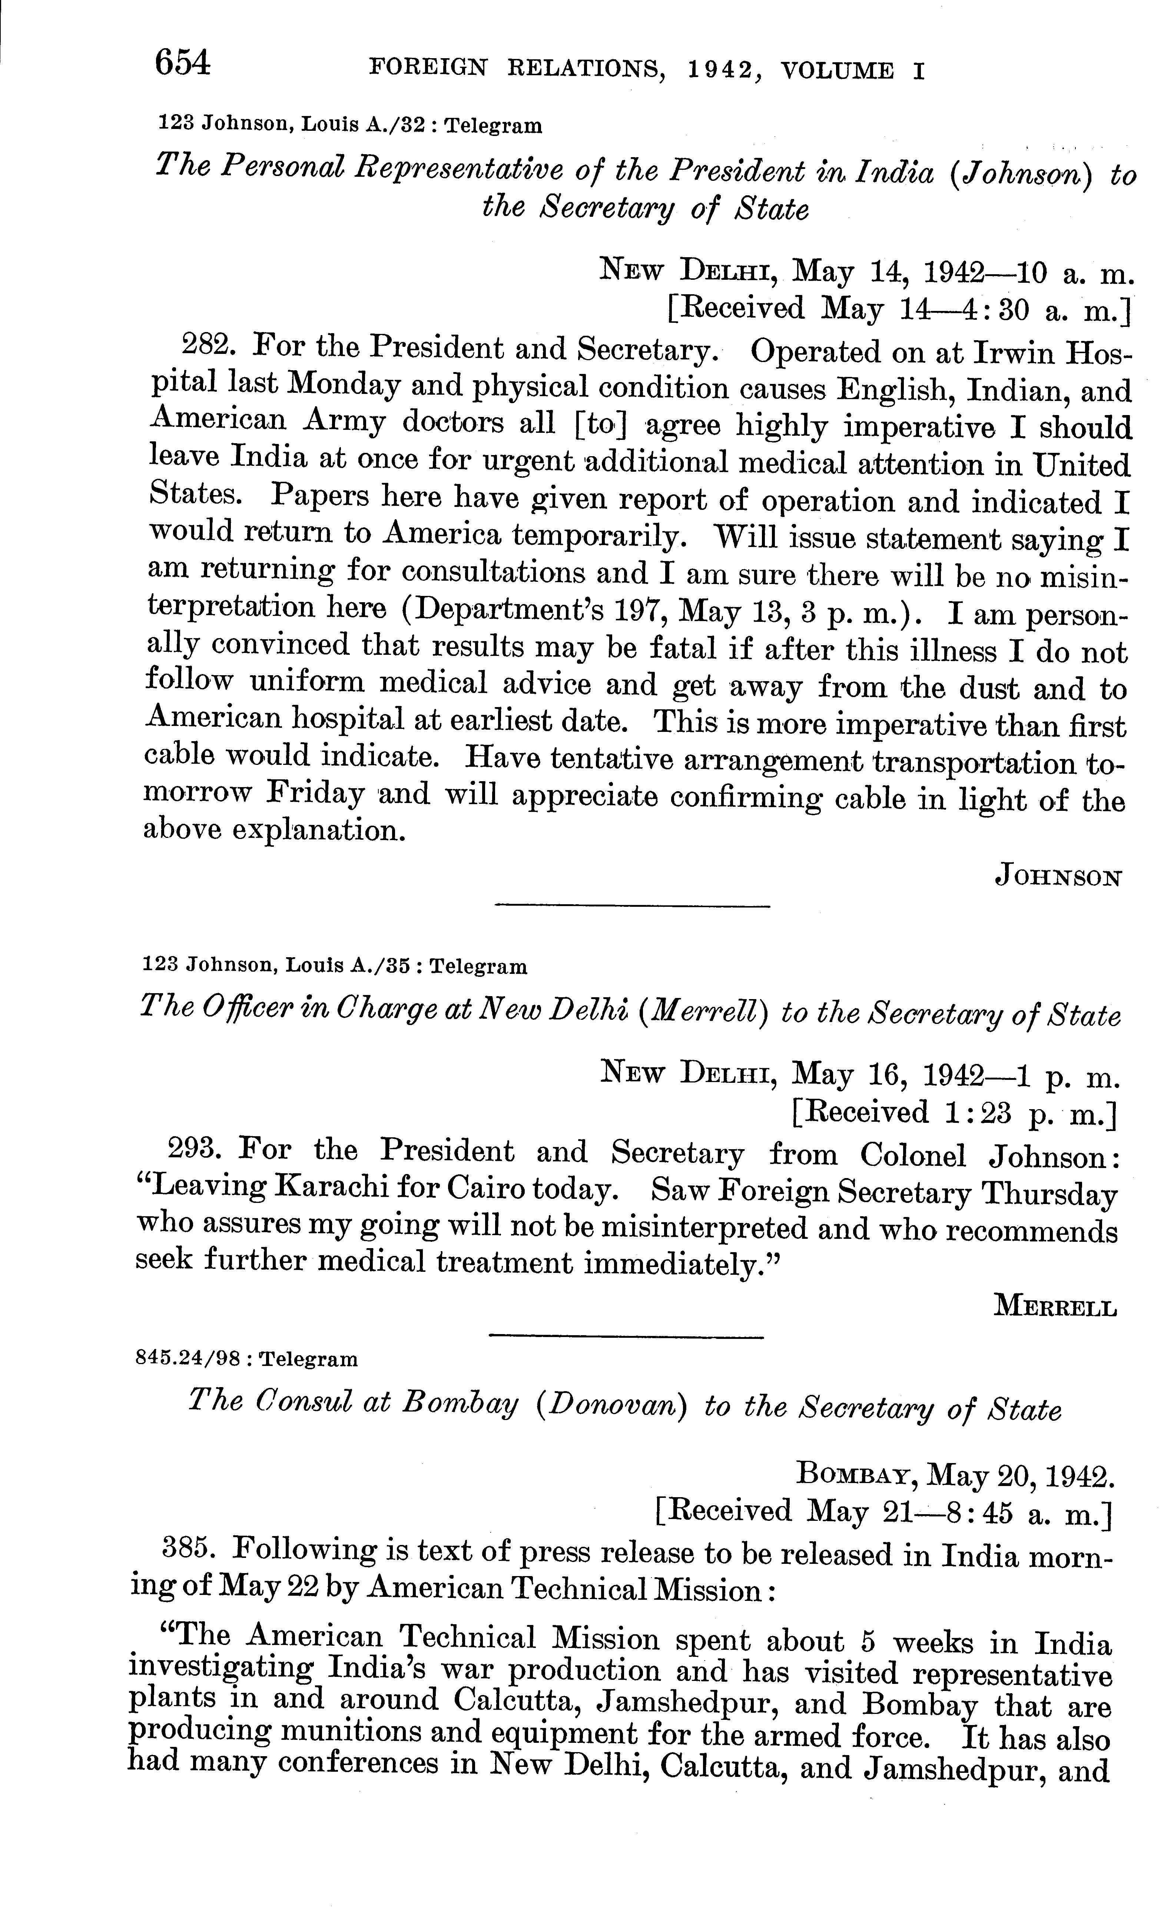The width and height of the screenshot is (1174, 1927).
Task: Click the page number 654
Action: [183, 63]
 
